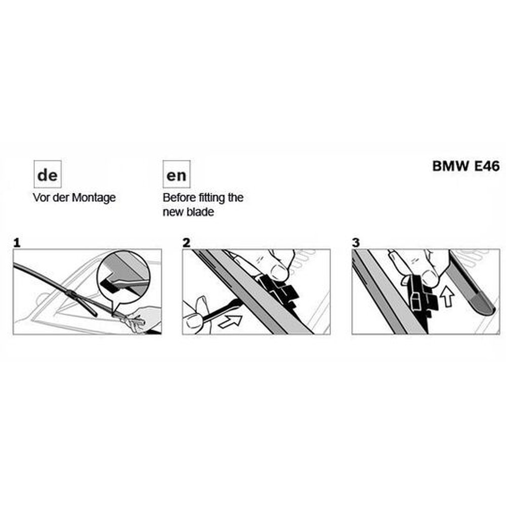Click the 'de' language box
[x=48, y=174]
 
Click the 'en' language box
[x=177, y=174]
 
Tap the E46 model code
[x=487, y=166]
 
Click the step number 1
[x=17, y=243]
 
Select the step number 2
[x=186, y=243]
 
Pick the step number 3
[x=356, y=243]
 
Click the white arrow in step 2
[x=230, y=321]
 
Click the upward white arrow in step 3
[x=447, y=296]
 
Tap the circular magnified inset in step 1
[x=123, y=277]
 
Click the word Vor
[x=40, y=198]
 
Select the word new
[x=173, y=213]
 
